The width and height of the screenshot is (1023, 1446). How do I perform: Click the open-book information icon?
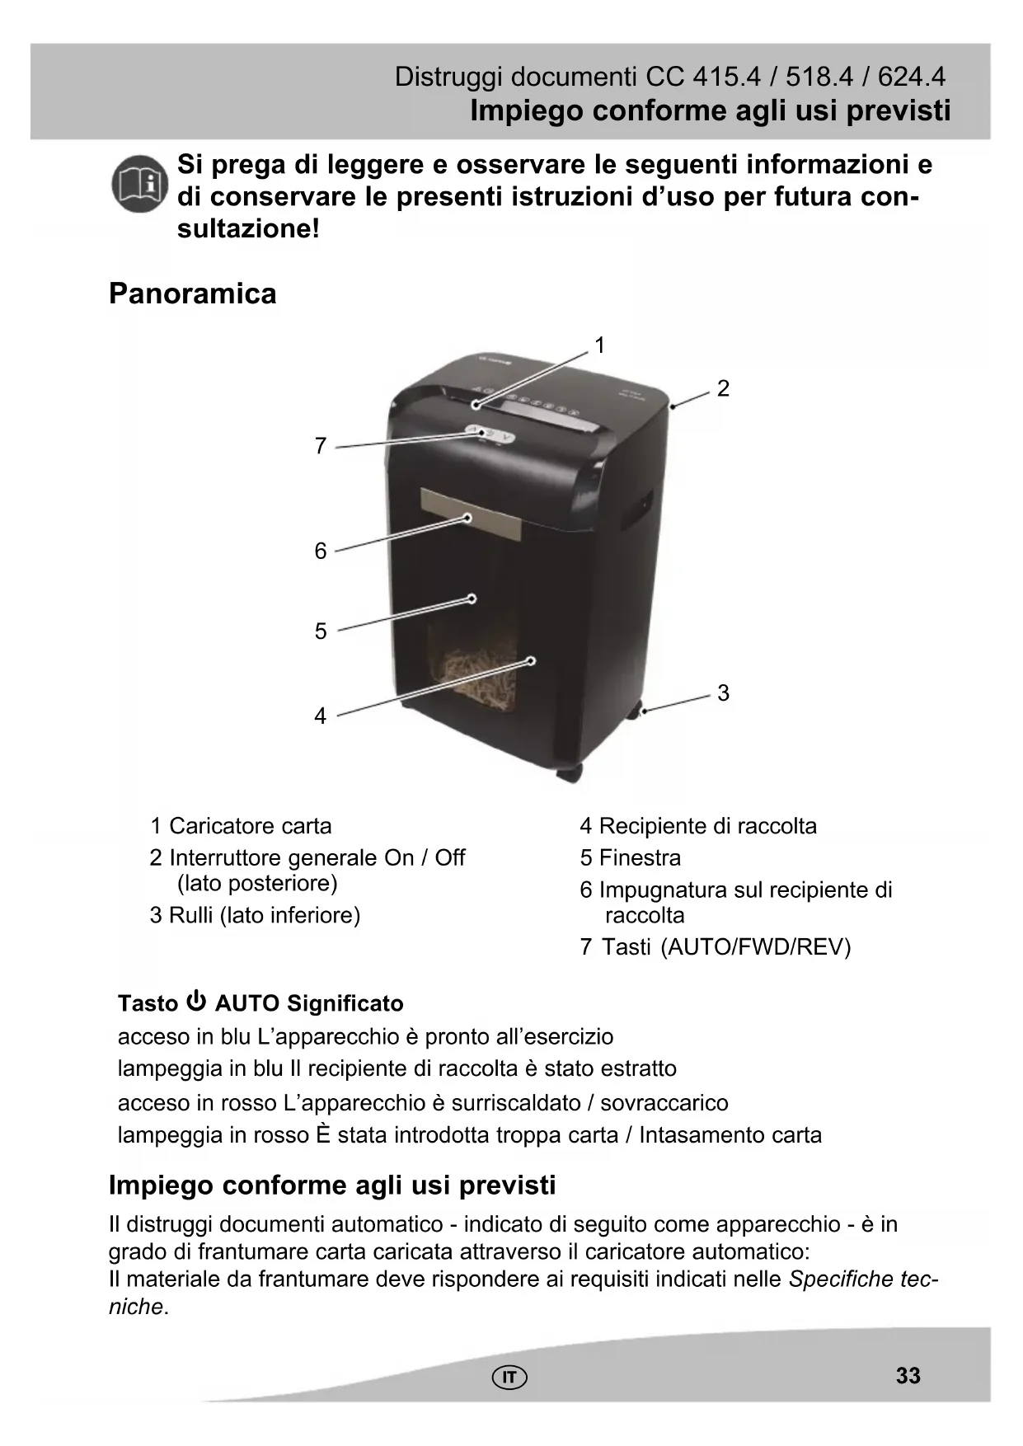[140, 184]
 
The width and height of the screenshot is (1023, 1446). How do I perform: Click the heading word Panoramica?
[193, 293]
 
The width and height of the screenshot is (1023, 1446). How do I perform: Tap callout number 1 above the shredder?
[600, 345]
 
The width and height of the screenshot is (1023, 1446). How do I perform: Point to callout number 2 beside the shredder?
[723, 388]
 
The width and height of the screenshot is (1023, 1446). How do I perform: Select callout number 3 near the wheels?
[723, 692]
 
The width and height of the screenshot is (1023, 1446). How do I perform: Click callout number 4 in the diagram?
[321, 716]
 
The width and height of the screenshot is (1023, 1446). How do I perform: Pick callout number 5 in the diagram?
[321, 631]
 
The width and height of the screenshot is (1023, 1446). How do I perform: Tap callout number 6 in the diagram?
[321, 551]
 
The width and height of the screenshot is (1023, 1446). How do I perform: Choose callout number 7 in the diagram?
[321, 446]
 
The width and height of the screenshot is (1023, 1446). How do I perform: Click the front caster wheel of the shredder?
[568, 773]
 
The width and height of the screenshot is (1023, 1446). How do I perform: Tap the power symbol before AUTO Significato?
[196, 1002]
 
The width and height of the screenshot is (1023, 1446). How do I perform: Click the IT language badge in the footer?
[510, 1377]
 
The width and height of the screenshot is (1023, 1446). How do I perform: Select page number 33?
[908, 1375]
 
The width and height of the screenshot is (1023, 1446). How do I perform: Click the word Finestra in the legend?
[640, 858]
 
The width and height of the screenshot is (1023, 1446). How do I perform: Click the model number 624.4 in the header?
[911, 77]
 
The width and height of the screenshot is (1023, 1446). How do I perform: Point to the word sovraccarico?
[664, 1103]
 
